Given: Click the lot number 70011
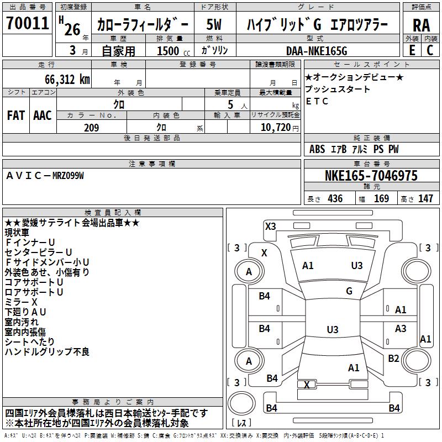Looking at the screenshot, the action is coord(27,23).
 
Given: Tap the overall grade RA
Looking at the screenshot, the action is coord(421,25).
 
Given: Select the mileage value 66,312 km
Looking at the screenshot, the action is coord(67,80).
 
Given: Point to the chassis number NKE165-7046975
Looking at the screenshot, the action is coord(371,176).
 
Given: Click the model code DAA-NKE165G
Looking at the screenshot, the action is coord(317,51).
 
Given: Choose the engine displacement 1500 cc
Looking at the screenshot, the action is coord(173,51).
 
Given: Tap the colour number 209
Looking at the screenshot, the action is coord(91,128).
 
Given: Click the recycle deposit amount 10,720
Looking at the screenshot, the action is coord(276,128).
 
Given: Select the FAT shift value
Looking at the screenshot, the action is coord(16,115).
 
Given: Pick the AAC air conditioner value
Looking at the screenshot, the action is coord(43,115).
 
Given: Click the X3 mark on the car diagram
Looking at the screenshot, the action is coord(270,227).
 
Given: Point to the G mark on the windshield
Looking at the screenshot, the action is coord(349,291).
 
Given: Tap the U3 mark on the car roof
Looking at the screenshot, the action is coord(333,329).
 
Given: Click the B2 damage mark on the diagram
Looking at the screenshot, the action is coord(393,359).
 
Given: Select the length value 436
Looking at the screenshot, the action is coord(335,199).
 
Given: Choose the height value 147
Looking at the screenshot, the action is coord(425,199).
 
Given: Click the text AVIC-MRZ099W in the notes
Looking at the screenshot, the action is coord(45,176).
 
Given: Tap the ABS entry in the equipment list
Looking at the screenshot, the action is coord(317,149).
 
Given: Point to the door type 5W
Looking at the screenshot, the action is coord(214,24).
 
